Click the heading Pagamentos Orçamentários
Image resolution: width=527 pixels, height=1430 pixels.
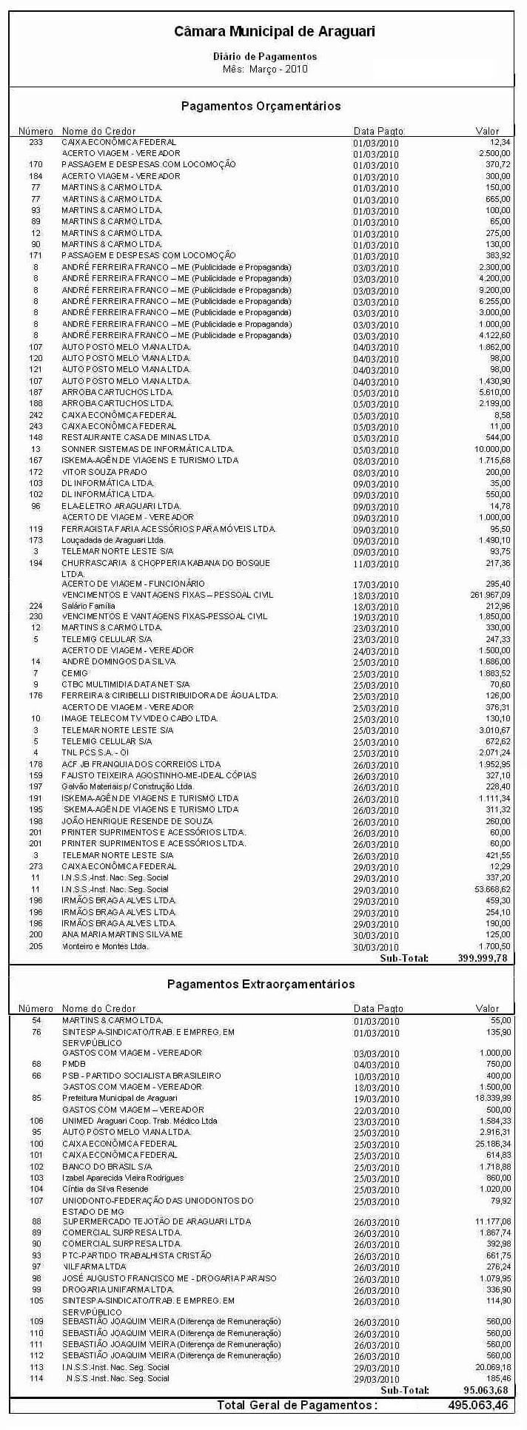pyautogui.click(x=261, y=107)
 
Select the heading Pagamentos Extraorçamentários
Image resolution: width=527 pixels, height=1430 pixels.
pyautogui.click(x=261, y=984)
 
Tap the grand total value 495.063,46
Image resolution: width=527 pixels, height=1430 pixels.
pyautogui.click(x=478, y=1405)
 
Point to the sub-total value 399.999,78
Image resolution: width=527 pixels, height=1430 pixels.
pyautogui.click(x=483, y=958)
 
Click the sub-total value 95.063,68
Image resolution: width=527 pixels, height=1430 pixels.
pyautogui.click(x=485, y=1390)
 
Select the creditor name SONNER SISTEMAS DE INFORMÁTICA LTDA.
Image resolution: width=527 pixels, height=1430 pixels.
pyautogui.click(x=147, y=449)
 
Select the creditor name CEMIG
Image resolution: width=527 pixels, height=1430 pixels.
pyautogui.click(x=75, y=673)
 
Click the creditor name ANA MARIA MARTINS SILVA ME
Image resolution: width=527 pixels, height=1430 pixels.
pyautogui.click(x=121, y=934)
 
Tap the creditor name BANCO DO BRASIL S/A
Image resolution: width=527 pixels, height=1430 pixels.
pyautogui.click(x=107, y=1167)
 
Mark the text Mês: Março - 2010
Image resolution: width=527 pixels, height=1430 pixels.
pyautogui.click(x=265, y=70)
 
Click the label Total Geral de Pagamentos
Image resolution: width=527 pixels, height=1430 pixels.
pyautogui.click(x=296, y=1405)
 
